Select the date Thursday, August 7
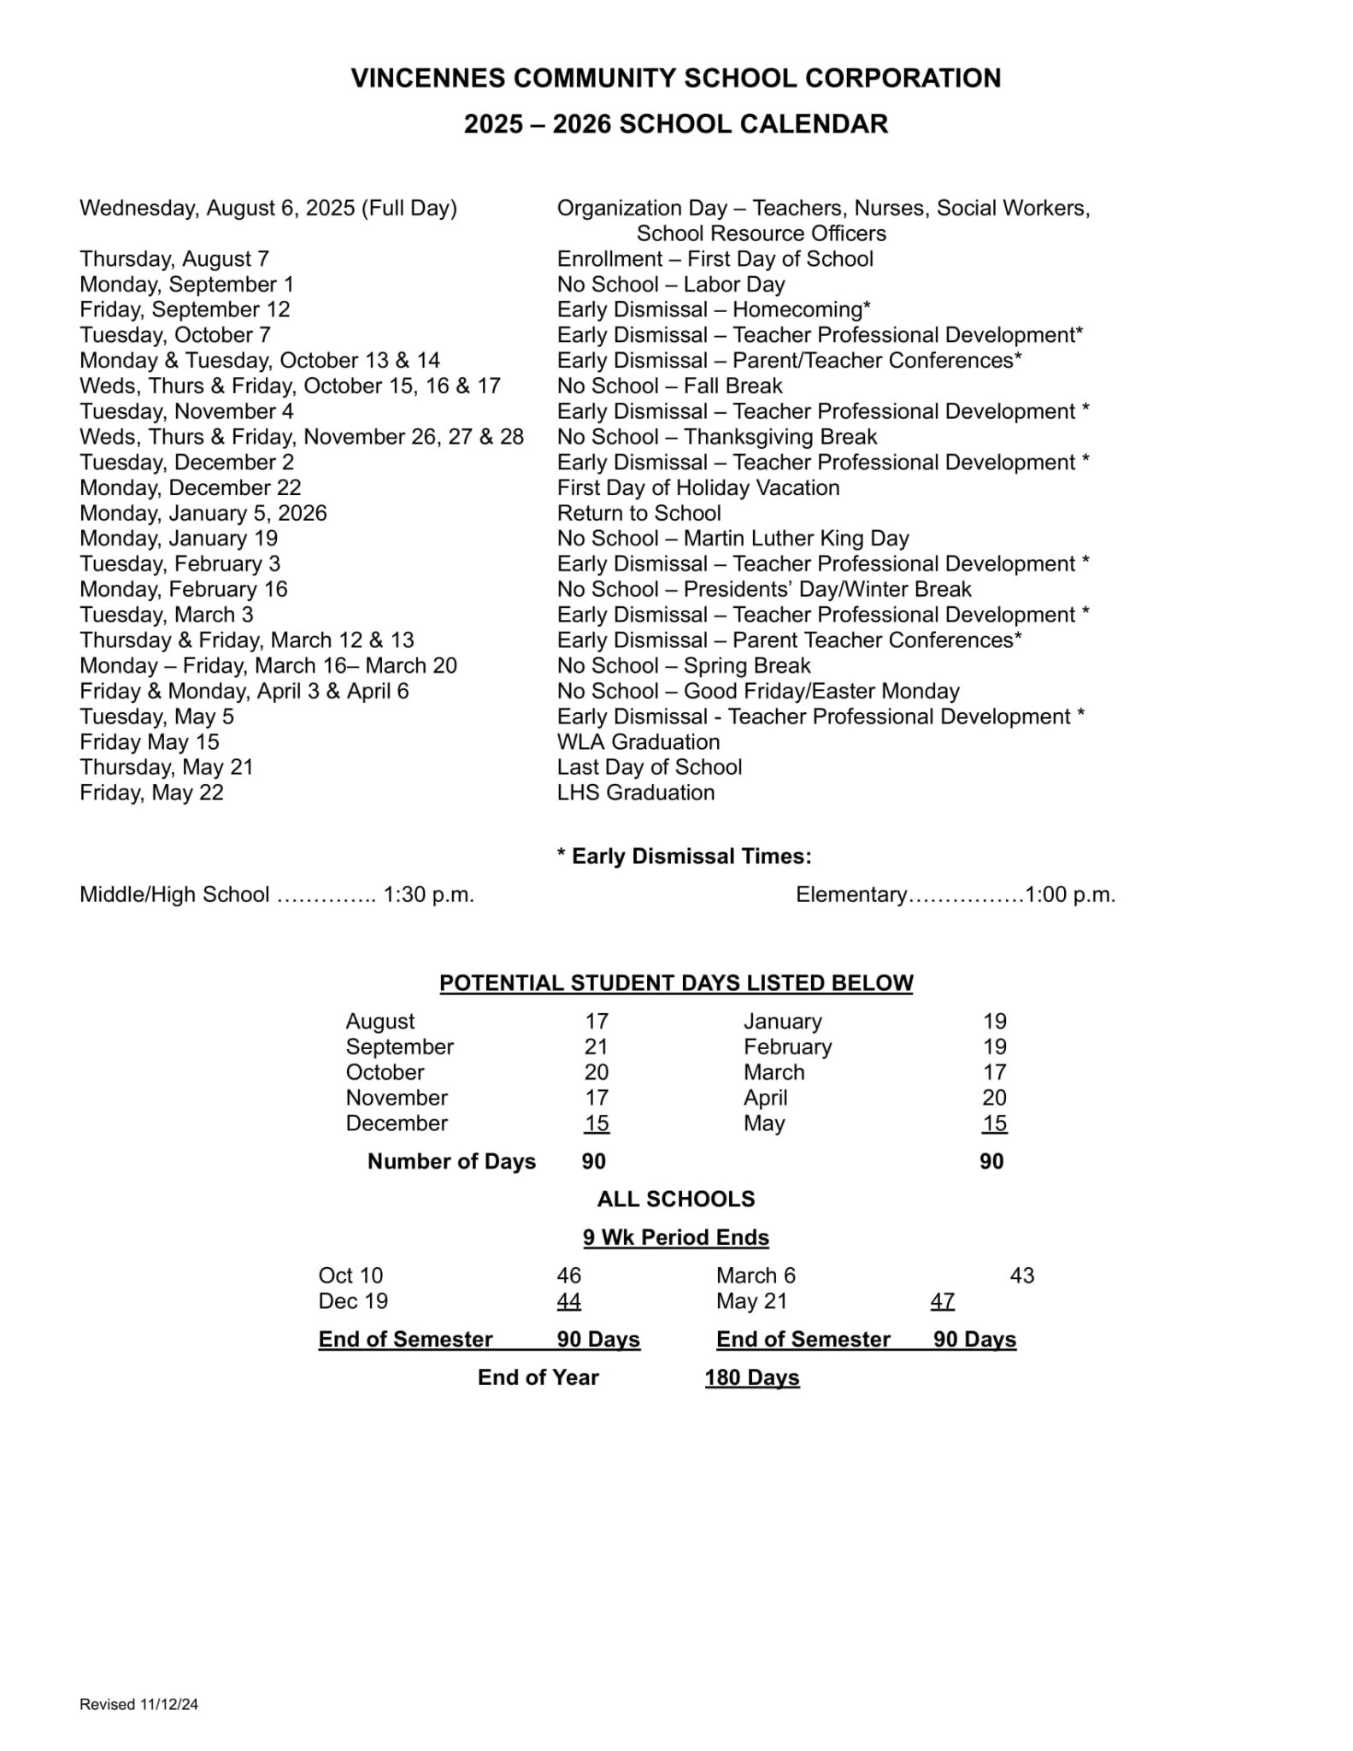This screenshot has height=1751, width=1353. click(174, 259)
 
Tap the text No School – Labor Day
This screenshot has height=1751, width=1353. click(671, 285)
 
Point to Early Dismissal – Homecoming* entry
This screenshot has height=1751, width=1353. click(714, 310)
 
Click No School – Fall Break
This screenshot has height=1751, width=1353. click(669, 386)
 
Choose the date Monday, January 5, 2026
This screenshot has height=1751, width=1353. click(203, 514)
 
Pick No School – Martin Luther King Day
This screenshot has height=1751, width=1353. click(732, 539)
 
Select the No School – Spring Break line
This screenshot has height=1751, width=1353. click(684, 666)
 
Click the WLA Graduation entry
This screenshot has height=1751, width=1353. click(638, 742)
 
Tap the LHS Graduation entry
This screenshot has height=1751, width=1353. click(636, 793)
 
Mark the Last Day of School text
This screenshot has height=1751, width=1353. click(650, 768)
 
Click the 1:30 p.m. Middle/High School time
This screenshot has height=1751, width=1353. click(428, 895)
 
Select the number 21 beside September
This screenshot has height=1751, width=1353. click(596, 1047)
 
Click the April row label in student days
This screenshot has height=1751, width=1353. click(765, 1099)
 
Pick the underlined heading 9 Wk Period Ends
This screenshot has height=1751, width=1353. click(676, 1238)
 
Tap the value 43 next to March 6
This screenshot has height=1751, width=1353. click(1021, 1276)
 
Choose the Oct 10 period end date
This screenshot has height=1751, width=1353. click(350, 1276)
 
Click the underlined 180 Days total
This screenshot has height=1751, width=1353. click(752, 1378)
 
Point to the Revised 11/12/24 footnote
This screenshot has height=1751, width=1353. click(138, 1705)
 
